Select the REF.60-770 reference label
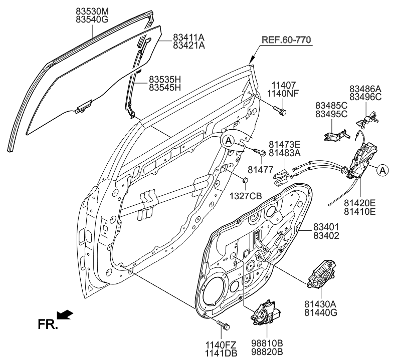pos(285,40)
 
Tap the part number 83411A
pos(188,37)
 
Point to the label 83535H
pos(164,79)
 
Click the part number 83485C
pos(331,106)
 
